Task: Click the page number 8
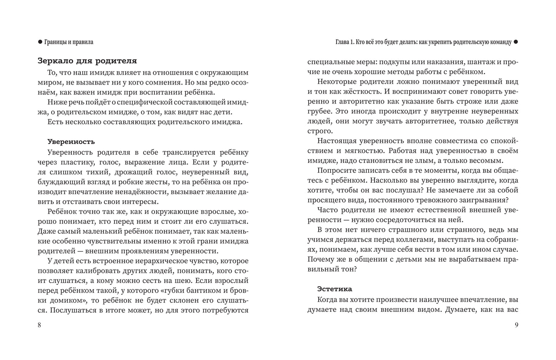[39, 325]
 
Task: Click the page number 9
[516, 325]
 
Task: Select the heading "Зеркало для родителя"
[87, 61]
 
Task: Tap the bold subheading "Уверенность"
[71, 141]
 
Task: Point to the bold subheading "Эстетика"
[334, 289]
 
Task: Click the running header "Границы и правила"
[68, 42]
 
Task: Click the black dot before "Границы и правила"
[40, 42]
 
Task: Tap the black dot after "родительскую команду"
[516, 42]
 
